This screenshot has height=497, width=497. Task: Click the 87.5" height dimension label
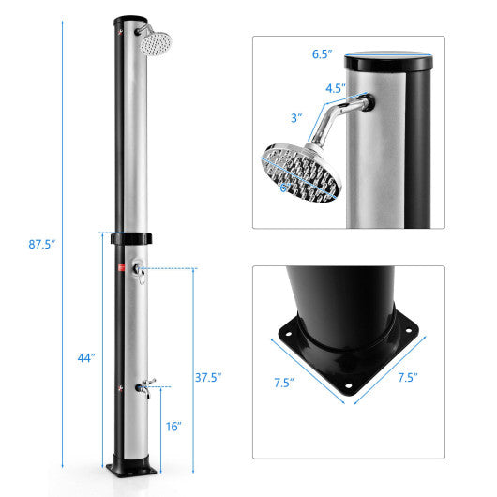(x=42, y=245)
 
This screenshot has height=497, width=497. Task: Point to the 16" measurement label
(x=173, y=426)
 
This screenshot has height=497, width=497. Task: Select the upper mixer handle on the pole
(x=139, y=271)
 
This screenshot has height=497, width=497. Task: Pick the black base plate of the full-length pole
(x=131, y=464)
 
